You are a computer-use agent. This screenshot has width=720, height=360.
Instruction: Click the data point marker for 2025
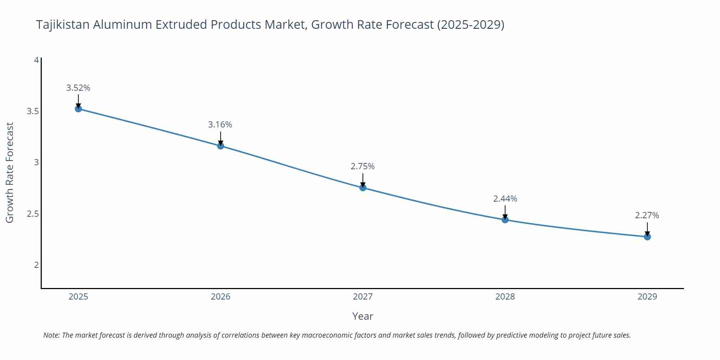click(78, 109)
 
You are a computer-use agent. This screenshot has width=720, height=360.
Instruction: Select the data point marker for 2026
click(220, 146)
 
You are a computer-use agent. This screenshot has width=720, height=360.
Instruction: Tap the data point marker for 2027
click(363, 188)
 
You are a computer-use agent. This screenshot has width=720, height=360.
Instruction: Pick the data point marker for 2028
click(505, 220)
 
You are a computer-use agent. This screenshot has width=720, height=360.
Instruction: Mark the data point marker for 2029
click(647, 237)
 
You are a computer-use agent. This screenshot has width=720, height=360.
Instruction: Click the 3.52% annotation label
click(78, 88)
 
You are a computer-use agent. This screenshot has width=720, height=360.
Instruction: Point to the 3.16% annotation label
click(220, 125)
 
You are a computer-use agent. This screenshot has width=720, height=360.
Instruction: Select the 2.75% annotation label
click(363, 166)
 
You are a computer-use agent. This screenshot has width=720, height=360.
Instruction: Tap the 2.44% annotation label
click(505, 199)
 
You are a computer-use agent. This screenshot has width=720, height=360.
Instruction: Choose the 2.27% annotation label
click(647, 215)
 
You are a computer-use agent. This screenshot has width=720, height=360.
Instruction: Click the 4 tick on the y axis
click(36, 60)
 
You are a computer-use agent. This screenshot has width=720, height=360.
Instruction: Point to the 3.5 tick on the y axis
click(33, 111)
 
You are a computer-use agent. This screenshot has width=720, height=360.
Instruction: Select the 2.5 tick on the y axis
click(33, 214)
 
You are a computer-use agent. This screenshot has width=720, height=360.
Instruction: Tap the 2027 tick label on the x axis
click(363, 297)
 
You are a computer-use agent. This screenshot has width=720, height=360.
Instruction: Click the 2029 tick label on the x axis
click(647, 297)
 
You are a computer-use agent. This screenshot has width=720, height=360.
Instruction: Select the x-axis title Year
click(363, 316)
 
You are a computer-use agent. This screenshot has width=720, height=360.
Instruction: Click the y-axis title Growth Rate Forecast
click(10, 172)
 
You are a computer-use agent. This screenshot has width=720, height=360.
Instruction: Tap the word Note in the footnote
click(51, 335)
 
